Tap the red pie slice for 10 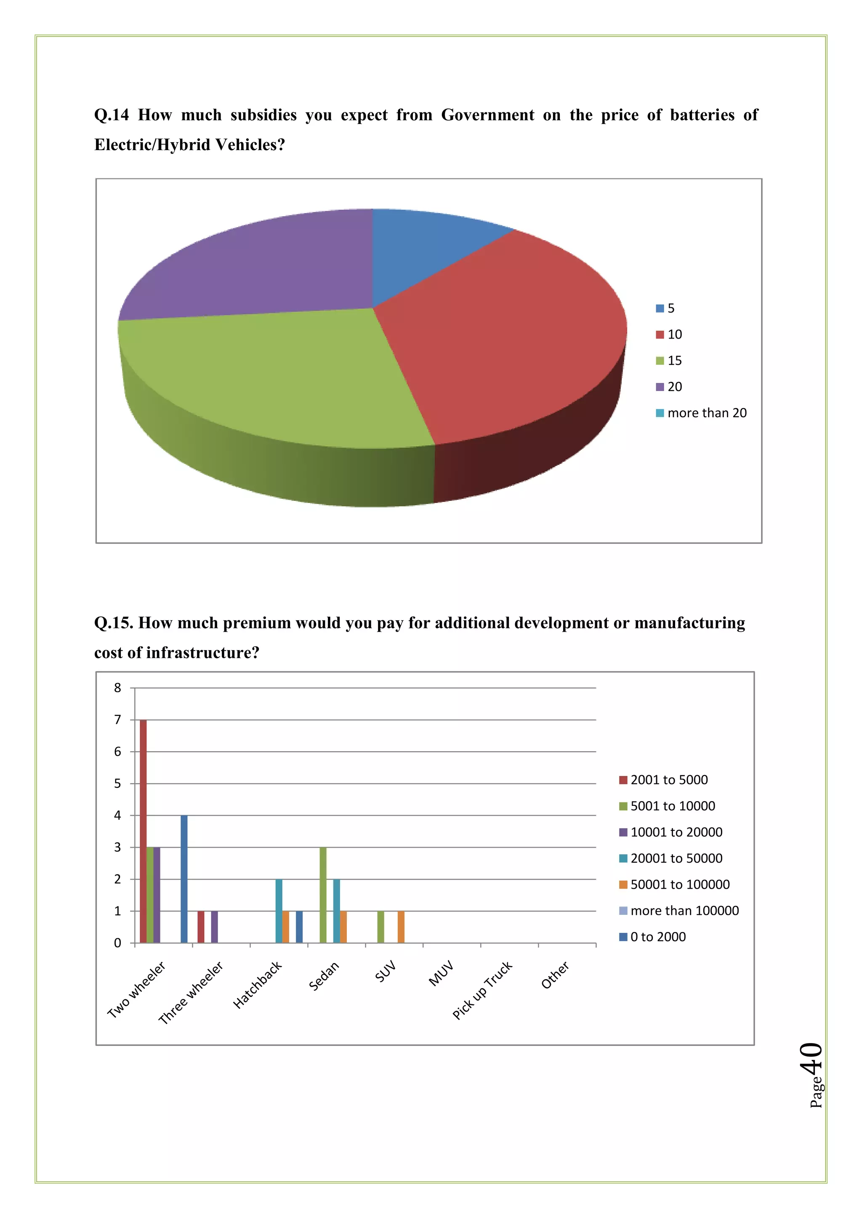point(504,339)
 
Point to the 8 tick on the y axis point(117,688)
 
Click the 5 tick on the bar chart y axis point(117,784)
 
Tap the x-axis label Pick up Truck point(482,990)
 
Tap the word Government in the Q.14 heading point(487,115)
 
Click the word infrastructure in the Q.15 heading point(202,652)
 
